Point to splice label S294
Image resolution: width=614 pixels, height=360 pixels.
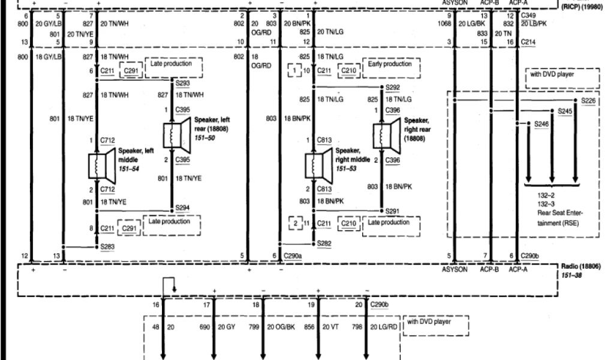click(183, 208)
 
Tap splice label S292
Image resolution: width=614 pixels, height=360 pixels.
click(392, 86)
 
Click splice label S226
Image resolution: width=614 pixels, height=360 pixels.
click(589, 101)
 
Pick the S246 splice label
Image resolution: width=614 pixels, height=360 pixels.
click(542, 124)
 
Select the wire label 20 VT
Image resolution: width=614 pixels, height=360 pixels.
click(331, 327)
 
